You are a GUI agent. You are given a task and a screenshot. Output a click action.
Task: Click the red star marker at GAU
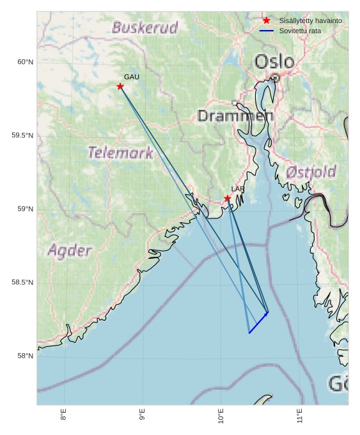click(120, 86)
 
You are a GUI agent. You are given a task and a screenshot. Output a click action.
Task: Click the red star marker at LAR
click(228, 198)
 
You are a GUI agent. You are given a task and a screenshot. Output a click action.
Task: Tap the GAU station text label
click(132, 77)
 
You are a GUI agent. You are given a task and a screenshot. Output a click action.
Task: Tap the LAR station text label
click(238, 189)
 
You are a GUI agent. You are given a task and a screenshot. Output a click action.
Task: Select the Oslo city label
click(274, 62)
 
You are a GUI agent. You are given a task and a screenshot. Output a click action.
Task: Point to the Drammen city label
click(235, 116)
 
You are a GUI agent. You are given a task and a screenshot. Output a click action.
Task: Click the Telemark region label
click(120, 153)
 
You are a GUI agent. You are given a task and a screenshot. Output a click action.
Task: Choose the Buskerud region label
click(145, 27)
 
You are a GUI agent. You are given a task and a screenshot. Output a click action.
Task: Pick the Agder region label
click(69, 250)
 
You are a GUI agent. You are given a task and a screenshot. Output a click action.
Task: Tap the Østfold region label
click(311, 172)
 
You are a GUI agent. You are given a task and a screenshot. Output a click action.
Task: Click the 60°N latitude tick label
click(25, 62)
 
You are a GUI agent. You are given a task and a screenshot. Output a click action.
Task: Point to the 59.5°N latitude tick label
click(22, 135)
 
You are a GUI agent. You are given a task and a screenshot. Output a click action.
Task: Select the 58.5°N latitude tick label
click(22, 282)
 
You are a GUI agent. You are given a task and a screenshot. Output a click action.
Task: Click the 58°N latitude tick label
click(25, 356)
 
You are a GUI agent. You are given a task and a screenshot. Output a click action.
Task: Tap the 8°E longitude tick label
click(63, 415)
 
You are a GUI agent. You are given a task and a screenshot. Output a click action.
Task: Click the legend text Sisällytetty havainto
click(310, 20)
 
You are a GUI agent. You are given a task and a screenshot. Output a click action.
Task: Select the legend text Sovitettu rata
click(300, 31)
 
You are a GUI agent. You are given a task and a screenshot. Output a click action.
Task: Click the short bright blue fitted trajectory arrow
click(259, 322)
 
